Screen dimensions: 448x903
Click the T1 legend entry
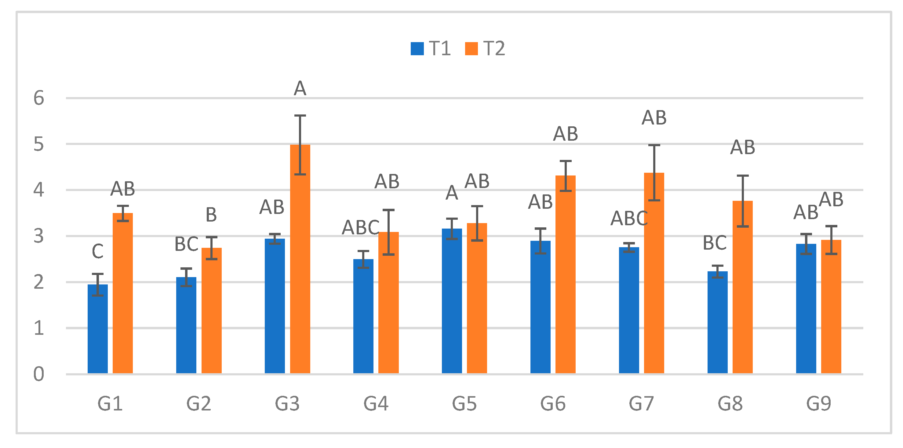pos(431,48)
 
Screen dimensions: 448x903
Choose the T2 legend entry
pos(486,48)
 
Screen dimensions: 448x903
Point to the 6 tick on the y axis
pos(38,98)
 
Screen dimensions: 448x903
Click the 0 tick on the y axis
pos(38,374)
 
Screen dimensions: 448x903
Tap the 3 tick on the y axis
pos(38,236)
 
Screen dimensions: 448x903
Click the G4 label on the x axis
pos(376,403)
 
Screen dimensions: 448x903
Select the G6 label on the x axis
pos(553,403)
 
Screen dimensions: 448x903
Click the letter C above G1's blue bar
pos(97,251)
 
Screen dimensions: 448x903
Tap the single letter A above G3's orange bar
pos(300,88)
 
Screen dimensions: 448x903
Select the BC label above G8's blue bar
pos(715,243)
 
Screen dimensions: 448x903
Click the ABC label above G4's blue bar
pos(360,228)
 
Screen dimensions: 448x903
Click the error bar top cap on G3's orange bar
pos(300,116)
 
